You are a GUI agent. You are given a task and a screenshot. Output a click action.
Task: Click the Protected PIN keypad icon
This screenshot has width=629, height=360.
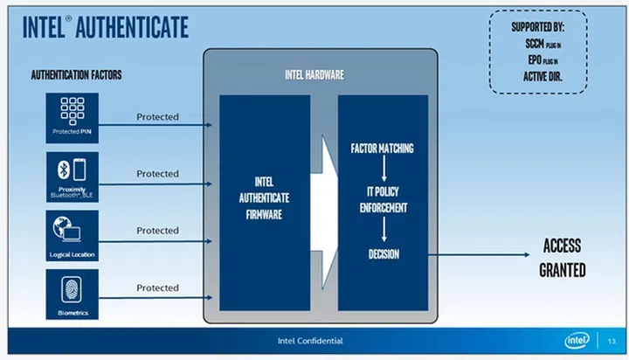click(72, 111)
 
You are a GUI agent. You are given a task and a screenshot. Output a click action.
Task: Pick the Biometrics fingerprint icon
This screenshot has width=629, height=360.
click(72, 287)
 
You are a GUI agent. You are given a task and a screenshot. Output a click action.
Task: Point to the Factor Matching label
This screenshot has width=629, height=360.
click(382, 148)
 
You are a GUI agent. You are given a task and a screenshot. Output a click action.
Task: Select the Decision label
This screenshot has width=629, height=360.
click(383, 253)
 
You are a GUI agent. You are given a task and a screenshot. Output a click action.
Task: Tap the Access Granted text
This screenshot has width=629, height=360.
click(562, 258)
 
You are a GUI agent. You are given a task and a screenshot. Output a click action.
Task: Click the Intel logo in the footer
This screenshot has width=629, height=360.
click(575, 340)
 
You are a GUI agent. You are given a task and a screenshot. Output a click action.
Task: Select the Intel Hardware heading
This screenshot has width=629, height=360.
click(314, 75)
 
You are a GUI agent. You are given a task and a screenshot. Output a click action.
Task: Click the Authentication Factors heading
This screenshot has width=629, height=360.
click(77, 75)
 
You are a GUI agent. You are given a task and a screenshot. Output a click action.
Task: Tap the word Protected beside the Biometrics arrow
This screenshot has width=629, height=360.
click(157, 287)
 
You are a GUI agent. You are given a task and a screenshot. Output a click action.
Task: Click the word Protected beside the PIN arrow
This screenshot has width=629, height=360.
click(157, 116)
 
